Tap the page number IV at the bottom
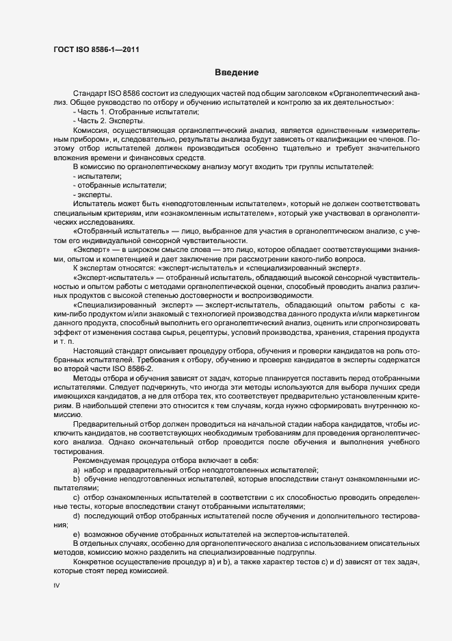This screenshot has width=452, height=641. (x=57, y=586)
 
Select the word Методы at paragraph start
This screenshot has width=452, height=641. (x=88, y=379)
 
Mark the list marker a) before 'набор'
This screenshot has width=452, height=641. (x=75, y=471)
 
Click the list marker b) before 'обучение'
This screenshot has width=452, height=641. (x=75, y=481)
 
